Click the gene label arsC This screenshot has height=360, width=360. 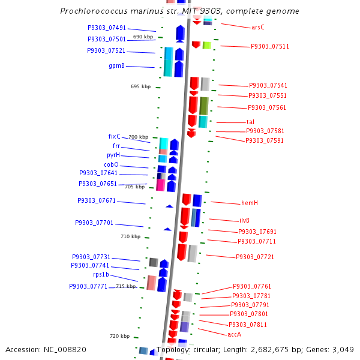(x=258, y=27)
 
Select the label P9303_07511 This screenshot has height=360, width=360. (x=270, y=46)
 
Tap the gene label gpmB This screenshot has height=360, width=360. (x=116, y=65)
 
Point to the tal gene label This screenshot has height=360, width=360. (x=250, y=122)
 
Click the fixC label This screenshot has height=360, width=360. (x=114, y=136)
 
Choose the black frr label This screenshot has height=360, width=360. (x=116, y=146)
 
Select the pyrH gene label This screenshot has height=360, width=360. (x=113, y=155)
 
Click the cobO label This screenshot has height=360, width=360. (x=111, y=164)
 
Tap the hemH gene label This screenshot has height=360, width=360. (x=250, y=203)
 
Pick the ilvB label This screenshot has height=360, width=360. (x=248, y=220)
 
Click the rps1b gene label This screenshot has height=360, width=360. (x=101, y=274)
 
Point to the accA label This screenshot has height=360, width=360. (x=234, y=334)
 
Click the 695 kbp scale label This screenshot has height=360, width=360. (x=140, y=86)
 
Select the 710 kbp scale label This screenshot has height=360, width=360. (x=131, y=236)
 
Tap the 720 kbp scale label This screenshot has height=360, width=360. (x=119, y=336)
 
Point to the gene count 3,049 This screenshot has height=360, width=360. (x=343, y=349)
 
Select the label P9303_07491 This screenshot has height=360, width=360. (x=107, y=28)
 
